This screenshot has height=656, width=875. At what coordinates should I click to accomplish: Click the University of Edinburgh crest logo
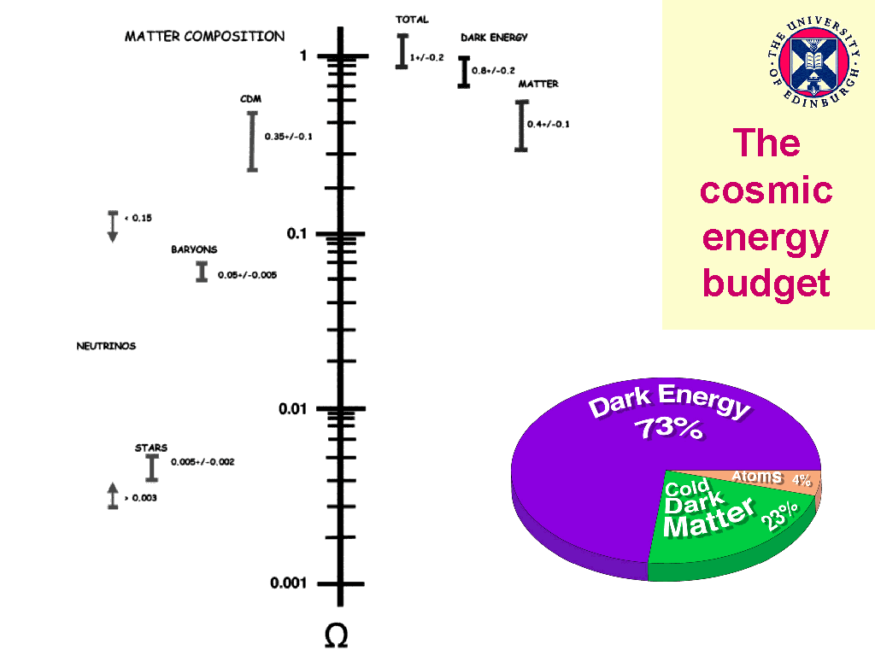pos(813,65)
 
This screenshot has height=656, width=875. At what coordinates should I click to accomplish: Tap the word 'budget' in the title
pos(766,282)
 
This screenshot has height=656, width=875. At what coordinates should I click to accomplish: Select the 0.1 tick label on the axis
pos(296,234)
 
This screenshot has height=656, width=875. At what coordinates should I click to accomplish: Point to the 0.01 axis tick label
pos(292,409)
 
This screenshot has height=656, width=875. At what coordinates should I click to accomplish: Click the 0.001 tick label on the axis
pos(289,583)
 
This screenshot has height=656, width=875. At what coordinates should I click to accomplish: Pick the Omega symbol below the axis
pos(337,635)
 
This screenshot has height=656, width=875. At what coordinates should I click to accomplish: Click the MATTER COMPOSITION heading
pos(204,37)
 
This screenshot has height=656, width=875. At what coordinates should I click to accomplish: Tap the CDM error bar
pos(252,141)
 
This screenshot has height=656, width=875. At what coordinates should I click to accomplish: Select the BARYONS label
pos(194,249)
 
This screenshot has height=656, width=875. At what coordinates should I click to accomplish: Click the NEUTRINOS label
pos(106,346)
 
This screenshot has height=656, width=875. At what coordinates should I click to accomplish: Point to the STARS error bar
pos(152,467)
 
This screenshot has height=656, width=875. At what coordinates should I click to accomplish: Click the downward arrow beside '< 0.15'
pos(112,225)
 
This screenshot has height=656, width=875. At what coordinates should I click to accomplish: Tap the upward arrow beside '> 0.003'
pos(112,495)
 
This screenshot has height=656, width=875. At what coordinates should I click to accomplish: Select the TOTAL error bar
pos(402,51)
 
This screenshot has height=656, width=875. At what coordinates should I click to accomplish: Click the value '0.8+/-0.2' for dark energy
pos(493,72)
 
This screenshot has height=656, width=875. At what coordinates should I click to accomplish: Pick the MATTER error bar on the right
pos(520,126)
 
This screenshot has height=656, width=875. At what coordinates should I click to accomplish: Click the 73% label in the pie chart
pos(672,428)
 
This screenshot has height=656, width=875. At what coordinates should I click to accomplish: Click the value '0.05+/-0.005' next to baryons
pos(247,275)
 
